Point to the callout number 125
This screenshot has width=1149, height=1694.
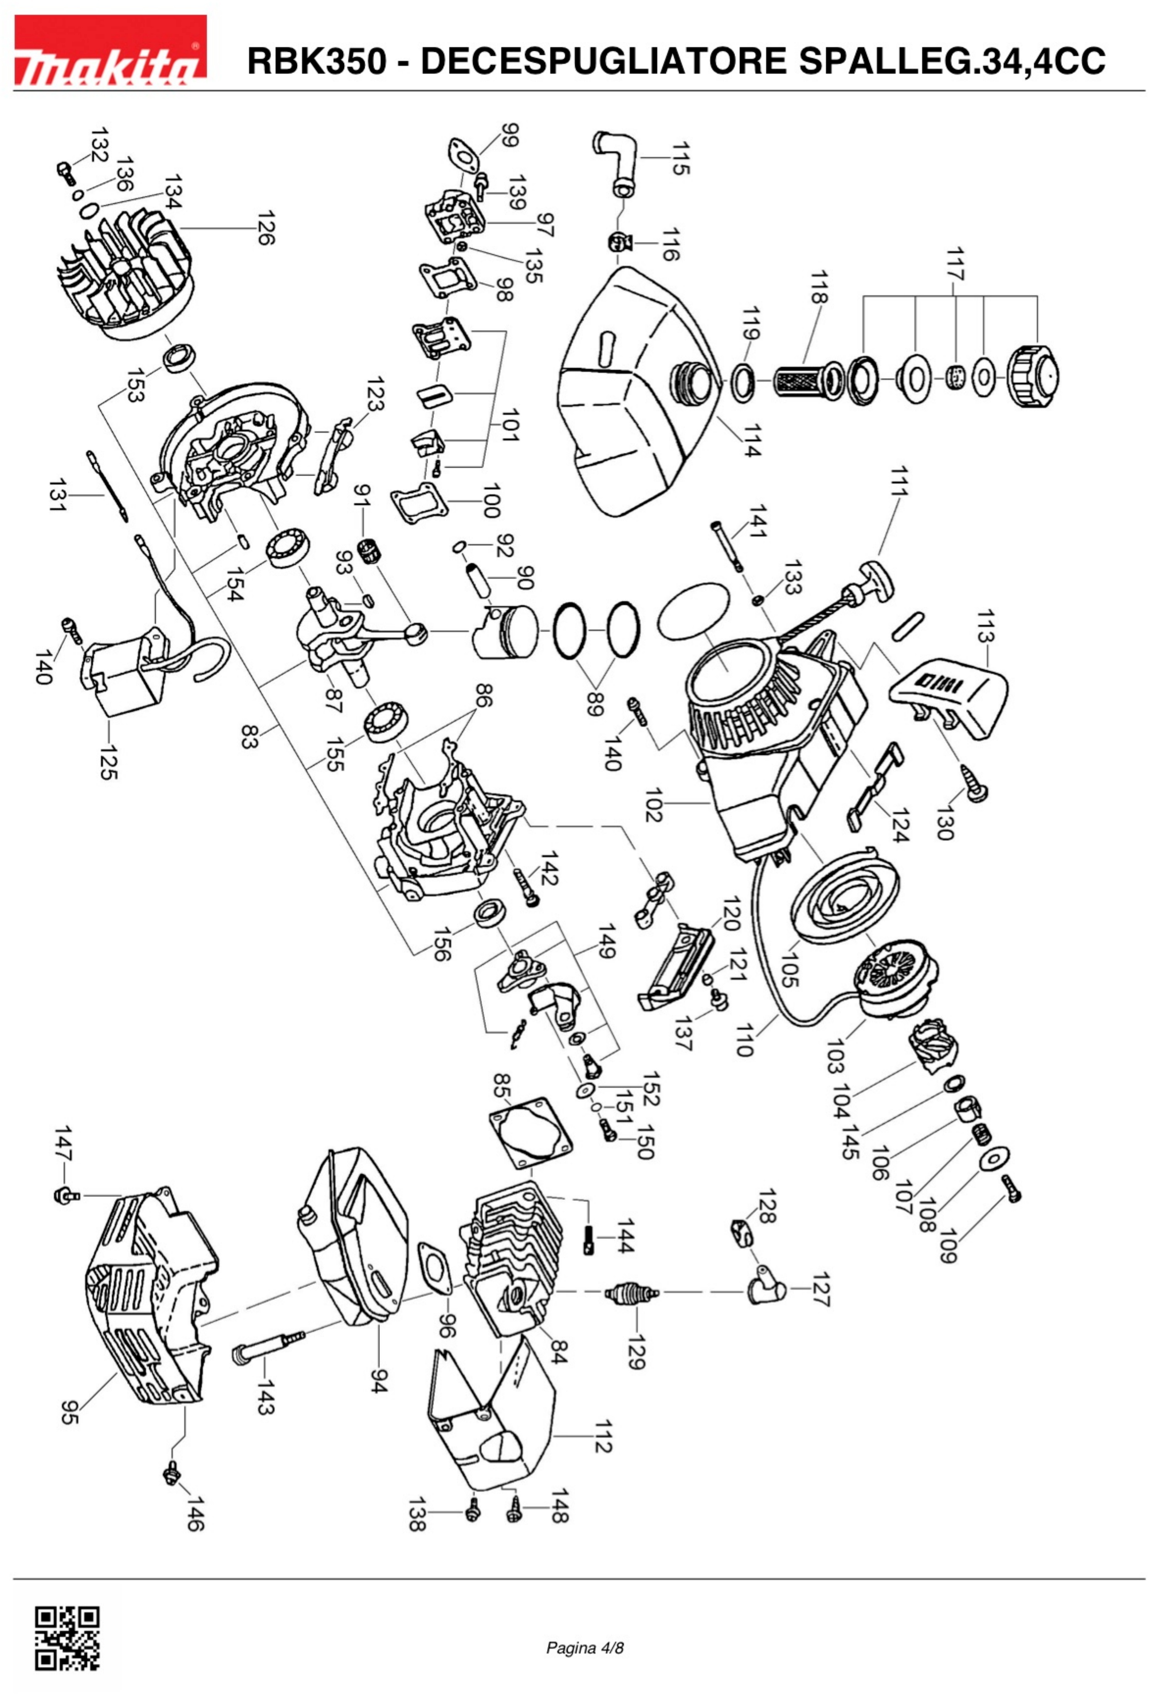coord(108,762)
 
